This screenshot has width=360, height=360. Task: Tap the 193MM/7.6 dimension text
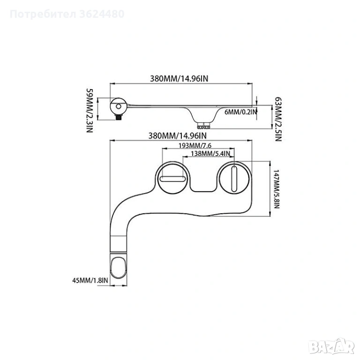[195, 145]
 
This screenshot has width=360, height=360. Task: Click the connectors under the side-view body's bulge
[203, 125]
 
